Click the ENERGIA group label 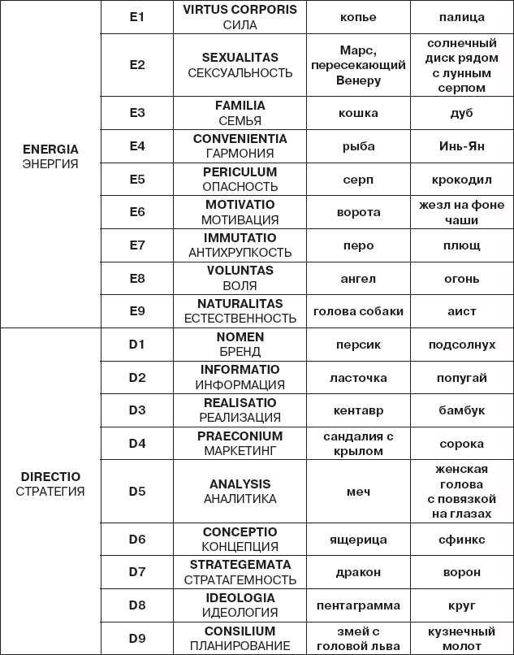point(50,156)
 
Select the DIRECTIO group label point(50,484)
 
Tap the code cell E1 point(137,17)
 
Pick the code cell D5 point(137,491)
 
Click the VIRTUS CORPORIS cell point(240,17)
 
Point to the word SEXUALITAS point(240,58)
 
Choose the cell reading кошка point(358,113)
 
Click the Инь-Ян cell point(462,146)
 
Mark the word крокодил point(462,180)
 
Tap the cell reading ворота point(358,212)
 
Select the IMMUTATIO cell point(240,245)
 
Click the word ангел point(358,279)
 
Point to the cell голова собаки point(358,311)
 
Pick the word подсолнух point(462,345)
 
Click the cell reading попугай point(462,378)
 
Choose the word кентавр point(358,410)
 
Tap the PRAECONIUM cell point(240,444)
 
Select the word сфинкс point(462,540)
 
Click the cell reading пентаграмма point(358,605)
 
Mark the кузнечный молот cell point(462,638)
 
